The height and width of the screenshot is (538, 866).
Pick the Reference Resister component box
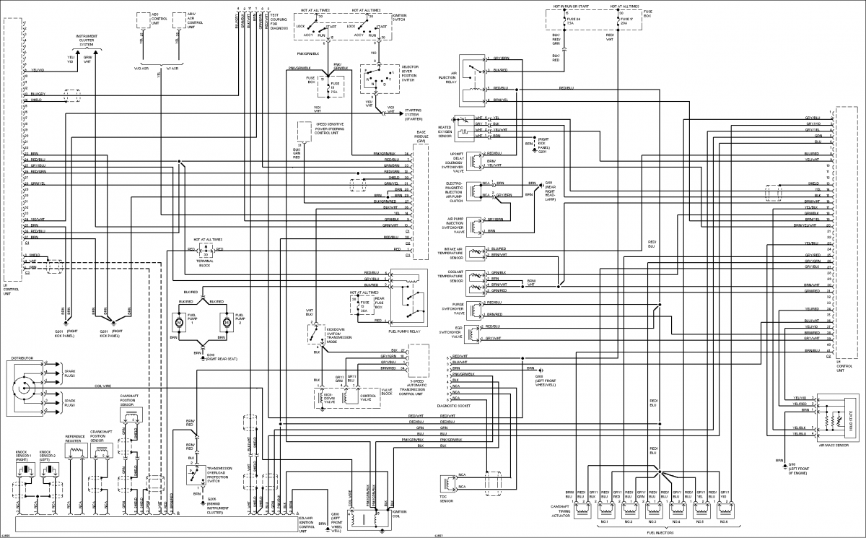[x=75, y=450]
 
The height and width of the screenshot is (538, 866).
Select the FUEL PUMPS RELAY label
[x=404, y=331]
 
